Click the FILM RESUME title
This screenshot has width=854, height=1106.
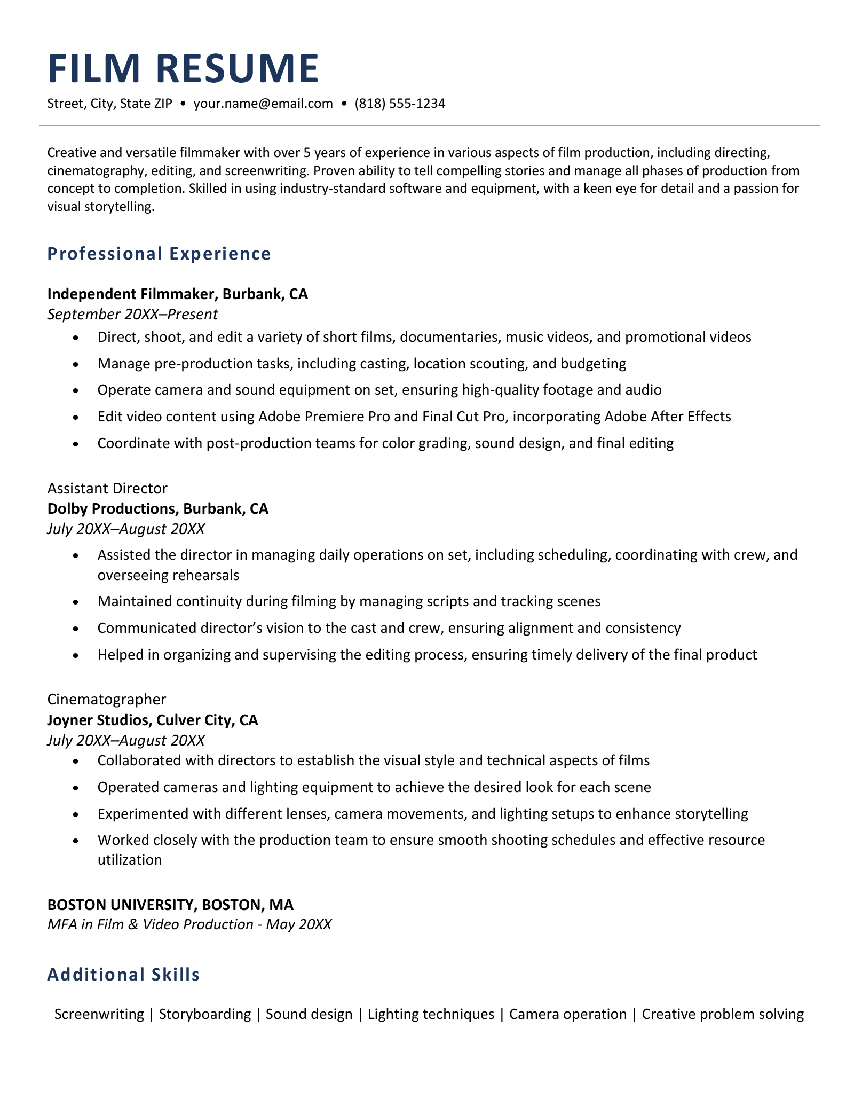click(x=183, y=69)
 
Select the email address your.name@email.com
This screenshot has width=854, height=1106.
click(x=263, y=103)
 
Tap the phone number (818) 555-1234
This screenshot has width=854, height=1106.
click(x=400, y=103)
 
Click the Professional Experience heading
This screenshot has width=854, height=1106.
click(x=159, y=254)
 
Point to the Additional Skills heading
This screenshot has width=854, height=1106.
click(x=123, y=975)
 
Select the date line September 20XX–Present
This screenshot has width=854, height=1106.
click(x=132, y=314)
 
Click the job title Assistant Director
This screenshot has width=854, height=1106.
click(x=107, y=488)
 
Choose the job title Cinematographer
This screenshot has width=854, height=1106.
click(x=107, y=699)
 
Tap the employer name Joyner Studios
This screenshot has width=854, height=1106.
click(x=98, y=720)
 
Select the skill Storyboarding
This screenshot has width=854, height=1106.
click(x=205, y=1014)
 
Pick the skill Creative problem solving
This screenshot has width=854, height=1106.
click(x=723, y=1014)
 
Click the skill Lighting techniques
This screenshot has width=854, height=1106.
click(x=431, y=1014)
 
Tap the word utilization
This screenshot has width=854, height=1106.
click(x=130, y=860)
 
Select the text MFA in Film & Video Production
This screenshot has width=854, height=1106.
click(x=150, y=924)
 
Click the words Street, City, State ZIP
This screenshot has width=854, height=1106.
click(x=110, y=103)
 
